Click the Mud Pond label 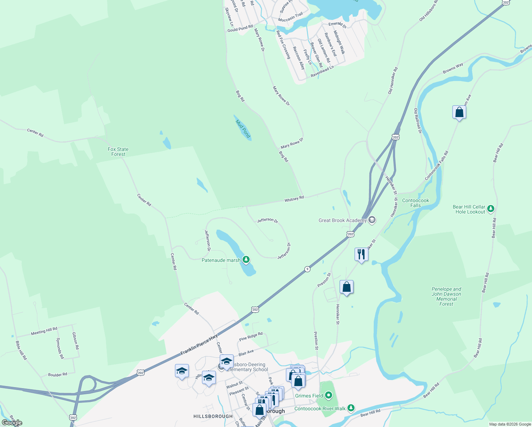coord(243,128)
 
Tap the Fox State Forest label coord(118,152)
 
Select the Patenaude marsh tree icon coord(246,259)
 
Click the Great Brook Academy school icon coord(372,220)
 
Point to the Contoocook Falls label coord(415,203)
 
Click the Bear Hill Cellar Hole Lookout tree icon coord(491,209)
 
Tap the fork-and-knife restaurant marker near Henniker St coord(361,254)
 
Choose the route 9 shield coord(307,269)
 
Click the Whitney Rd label coord(294,199)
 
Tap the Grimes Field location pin coord(329,395)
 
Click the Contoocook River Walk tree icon coord(351,408)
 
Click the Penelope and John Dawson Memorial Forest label coord(446,296)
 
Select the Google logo coord(12,423)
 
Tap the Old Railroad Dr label coord(417,121)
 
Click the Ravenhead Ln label coord(322,71)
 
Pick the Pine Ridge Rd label coord(251,336)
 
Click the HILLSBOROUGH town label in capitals coord(213,416)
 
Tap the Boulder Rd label coord(58,374)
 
